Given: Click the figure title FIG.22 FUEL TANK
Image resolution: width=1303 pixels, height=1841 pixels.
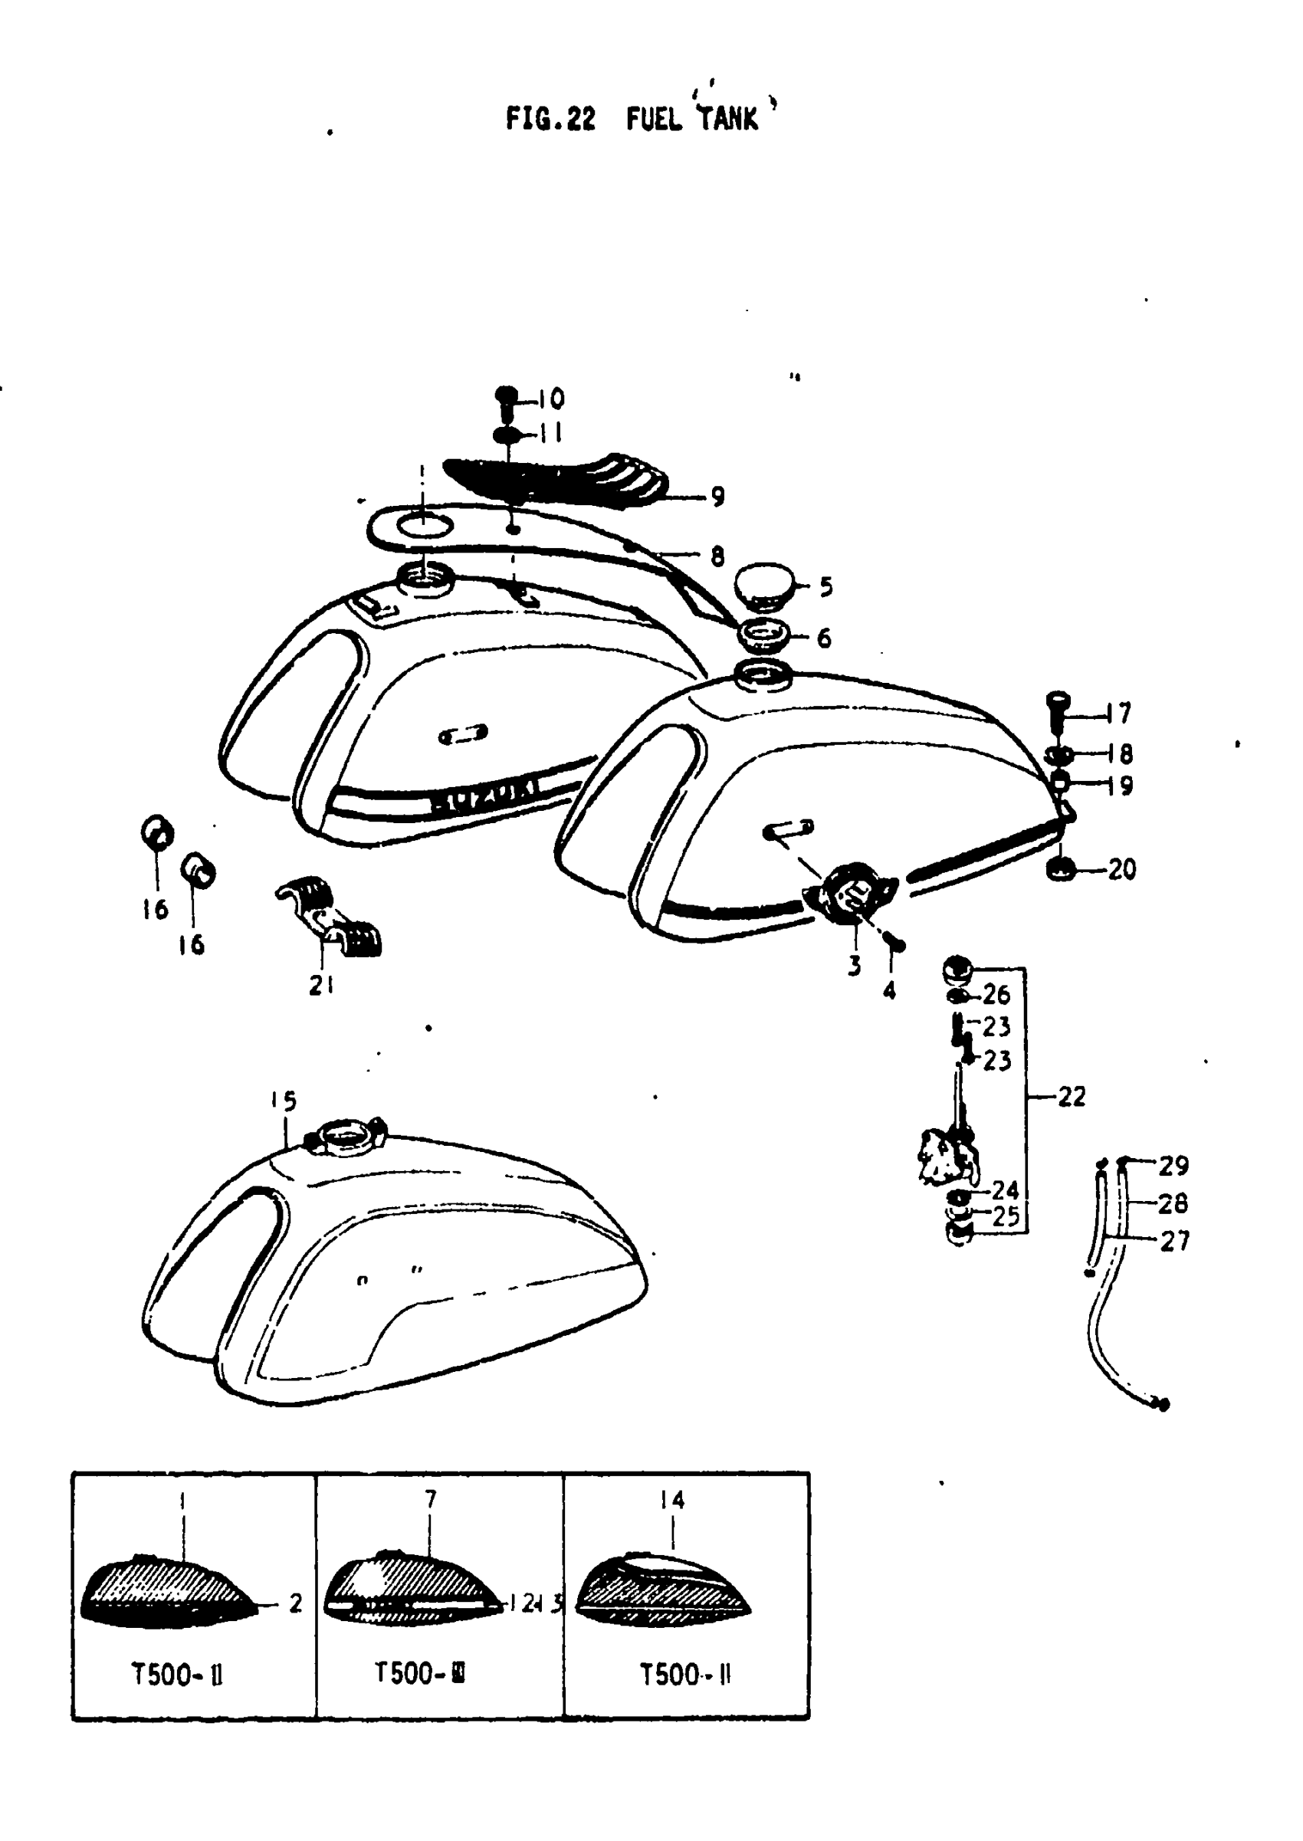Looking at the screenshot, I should click(x=632, y=119).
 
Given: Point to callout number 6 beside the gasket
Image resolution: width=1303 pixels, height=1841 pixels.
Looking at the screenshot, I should click(x=824, y=638).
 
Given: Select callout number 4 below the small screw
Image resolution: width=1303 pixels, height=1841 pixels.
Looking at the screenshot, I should click(x=889, y=992).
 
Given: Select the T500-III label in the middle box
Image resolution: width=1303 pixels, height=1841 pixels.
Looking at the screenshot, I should click(x=419, y=1673).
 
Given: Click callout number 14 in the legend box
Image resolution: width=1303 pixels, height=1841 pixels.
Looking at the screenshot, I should click(x=672, y=1499).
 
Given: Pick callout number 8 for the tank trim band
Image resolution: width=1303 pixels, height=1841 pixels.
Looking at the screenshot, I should click(x=717, y=556).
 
